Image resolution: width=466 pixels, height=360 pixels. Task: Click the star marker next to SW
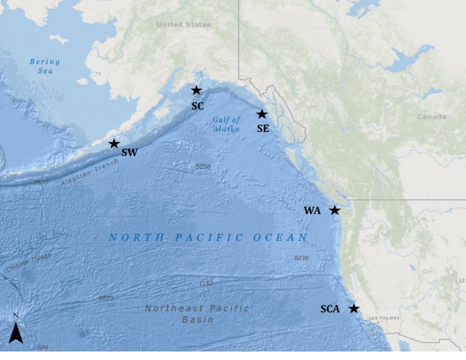tap(114, 144)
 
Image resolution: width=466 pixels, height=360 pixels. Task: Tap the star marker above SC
tap(196, 90)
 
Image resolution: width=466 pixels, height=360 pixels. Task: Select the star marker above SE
tap(262, 114)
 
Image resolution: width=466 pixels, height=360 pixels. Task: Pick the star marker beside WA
tap(334, 210)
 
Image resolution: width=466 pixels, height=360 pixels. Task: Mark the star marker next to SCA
tap(354, 309)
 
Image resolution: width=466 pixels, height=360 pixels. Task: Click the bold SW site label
tap(129, 153)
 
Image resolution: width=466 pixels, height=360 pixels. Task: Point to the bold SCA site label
tap(330, 309)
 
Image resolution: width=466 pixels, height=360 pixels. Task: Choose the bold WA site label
tap(312, 211)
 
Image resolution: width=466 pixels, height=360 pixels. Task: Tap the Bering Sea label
tap(45, 66)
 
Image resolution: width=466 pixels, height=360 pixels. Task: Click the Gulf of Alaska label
tap(226, 124)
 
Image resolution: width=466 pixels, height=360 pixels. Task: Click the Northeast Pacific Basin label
tap(198, 314)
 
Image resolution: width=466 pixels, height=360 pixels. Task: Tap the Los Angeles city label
tap(384, 318)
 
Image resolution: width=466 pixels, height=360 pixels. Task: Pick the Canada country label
tap(431, 117)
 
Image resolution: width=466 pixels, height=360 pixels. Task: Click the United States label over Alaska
tap(183, 25)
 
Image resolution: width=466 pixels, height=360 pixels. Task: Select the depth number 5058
tap(203, 167)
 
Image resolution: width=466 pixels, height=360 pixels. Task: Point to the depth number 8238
tap(301, 258)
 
